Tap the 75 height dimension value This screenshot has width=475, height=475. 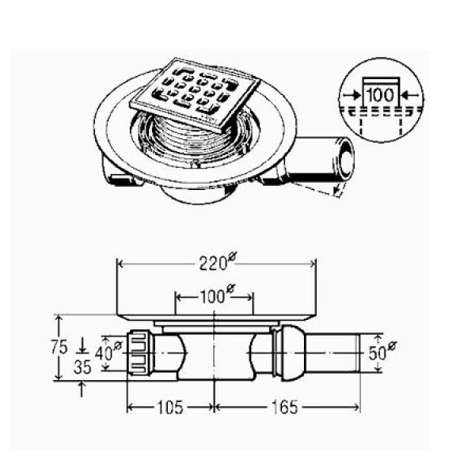(x=59, y=348)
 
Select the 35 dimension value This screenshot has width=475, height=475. (x=82, y=367)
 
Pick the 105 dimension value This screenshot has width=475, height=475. (x=170, y=408)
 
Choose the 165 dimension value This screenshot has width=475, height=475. (x=285, y=408)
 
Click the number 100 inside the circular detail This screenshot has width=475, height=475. (x=381, y=95)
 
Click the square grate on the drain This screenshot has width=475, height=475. (x=196, y=95)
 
